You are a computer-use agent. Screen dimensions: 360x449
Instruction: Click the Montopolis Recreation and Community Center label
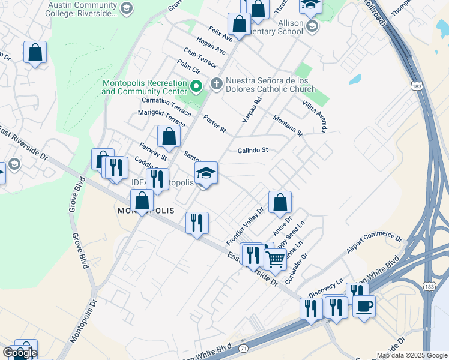(144, 87)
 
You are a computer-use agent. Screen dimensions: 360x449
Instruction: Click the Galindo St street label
(252, 151)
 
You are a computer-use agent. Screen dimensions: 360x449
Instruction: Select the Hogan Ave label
(211, 45)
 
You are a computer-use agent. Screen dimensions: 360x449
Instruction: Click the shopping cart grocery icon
(275, 259)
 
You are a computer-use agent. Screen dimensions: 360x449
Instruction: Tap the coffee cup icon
(363, 307)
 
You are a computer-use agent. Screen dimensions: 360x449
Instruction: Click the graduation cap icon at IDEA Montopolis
(206, 173)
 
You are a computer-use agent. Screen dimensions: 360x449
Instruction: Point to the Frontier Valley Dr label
(245, 226)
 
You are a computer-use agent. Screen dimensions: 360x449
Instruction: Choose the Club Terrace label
(201, 58)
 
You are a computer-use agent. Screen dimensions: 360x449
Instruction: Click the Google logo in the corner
(19, 353)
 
